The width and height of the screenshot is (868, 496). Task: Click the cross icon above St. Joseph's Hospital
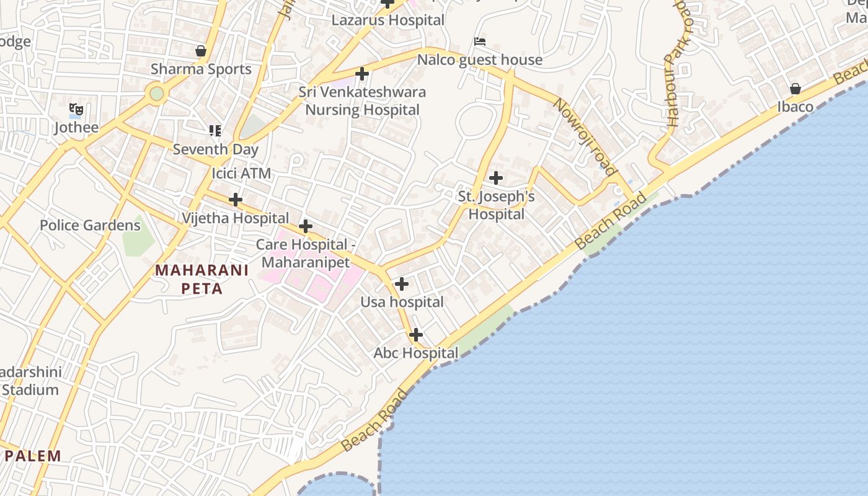click(496, 179)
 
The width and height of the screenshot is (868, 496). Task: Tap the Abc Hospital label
click(415, 353)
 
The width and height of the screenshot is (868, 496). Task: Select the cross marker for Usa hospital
click(402, 285)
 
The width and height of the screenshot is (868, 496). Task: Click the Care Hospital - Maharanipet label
click(306, 253)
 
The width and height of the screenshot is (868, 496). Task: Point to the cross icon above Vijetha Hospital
click(236, 200)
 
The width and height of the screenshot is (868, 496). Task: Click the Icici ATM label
click(241, 173)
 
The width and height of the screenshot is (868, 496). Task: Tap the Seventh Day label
click(215, 149)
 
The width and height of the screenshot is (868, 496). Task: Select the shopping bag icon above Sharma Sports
click(201, 51)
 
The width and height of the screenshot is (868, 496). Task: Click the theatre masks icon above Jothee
click(76, 110)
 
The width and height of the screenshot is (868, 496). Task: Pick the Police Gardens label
click(90, 225)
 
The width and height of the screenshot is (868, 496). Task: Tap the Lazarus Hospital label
click(388, 20)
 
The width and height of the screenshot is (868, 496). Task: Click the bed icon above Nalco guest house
click(479, 42)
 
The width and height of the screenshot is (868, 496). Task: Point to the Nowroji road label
click(585, 136)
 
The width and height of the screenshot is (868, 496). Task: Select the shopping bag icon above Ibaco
click(795, 89)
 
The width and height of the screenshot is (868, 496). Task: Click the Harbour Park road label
click(676, 62)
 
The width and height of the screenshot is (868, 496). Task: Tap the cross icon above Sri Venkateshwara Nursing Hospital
click(362, 74)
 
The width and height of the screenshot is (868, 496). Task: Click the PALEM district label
click(33, 456)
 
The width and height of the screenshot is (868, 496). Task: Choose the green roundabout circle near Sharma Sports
click(156, 94)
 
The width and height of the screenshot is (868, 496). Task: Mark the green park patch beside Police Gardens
click(138, 236)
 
